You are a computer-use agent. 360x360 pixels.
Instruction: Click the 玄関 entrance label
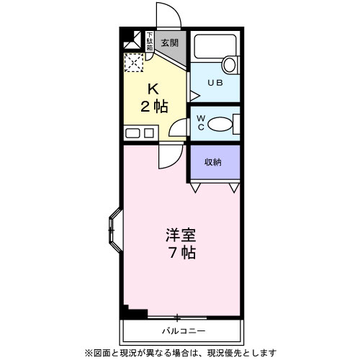pyautogui.click(x=170, y=42)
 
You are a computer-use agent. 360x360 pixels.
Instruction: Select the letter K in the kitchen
pyautogui.click(x=153, y=90)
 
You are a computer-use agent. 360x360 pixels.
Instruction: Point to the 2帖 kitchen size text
pyautogui.click(x=154, y=106)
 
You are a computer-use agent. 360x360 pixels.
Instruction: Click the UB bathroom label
pyautogui.click(x=215, y=83)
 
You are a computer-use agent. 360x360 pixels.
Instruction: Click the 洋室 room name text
pyautogui.click(x=181, y=235)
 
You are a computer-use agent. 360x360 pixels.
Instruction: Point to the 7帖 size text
pyautogui.click(x=181, y=253)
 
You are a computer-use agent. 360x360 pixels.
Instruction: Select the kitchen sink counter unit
pyautogui.click(x=139, y=132)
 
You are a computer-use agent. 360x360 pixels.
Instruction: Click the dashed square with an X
pyautogui.click(x=133, y=63)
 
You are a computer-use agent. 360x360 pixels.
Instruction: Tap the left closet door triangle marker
pyautogui.click(x=195, y=188)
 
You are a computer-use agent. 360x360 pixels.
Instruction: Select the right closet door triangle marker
pyautogui.click(x=233, y=188)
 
